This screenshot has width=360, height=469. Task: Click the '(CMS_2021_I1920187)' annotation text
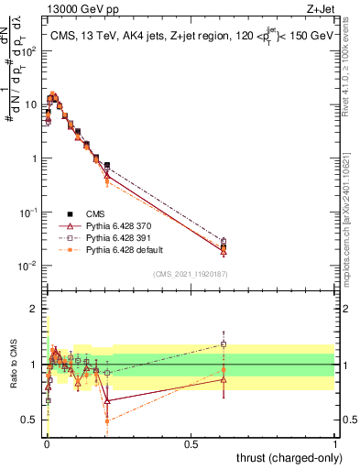tap(191, 274)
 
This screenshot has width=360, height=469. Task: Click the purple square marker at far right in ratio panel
tap(223, 344)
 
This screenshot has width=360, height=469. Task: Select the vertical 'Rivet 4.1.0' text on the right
tap(352, 64)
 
